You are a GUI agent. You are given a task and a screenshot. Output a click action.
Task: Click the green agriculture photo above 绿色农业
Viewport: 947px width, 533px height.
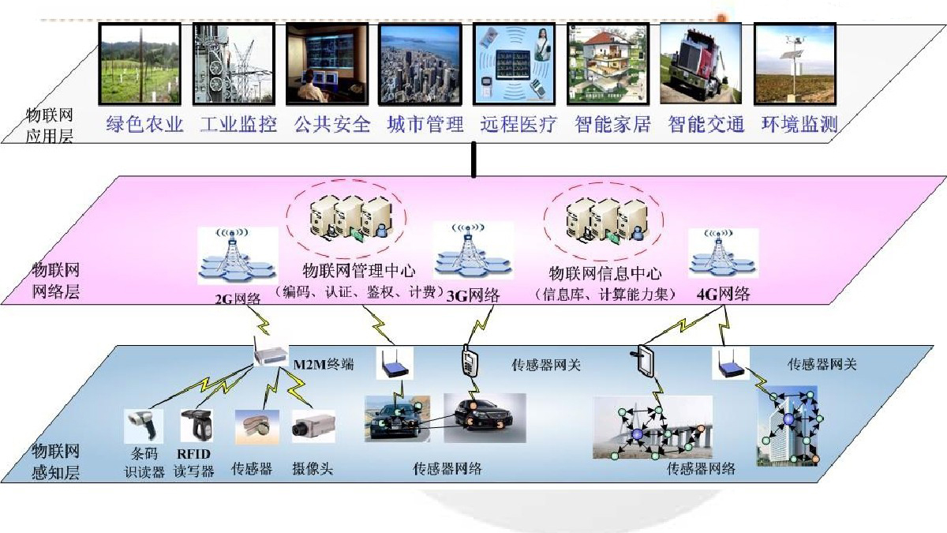click(x=140, y=63)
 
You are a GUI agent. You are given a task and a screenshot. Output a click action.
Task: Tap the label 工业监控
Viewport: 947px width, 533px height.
click(x=238, y=125)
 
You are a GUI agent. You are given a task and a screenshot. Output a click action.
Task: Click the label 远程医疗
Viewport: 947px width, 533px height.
click(x=518, y=125)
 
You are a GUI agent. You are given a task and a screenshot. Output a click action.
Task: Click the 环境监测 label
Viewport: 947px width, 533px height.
click(x=799, y=125)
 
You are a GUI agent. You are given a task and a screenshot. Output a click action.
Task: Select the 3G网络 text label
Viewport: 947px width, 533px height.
click(x=473, y=296)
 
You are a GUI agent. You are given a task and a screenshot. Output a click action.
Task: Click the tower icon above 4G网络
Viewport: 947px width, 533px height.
click(x=723, y=253)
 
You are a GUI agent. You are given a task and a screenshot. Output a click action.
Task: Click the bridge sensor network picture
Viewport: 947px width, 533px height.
click(x=652, y=426)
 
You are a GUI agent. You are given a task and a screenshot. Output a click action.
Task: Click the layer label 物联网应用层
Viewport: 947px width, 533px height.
click(x=50, y=126)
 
